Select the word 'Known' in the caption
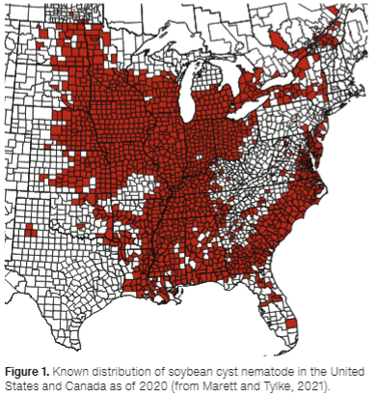[x=74, y=371]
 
